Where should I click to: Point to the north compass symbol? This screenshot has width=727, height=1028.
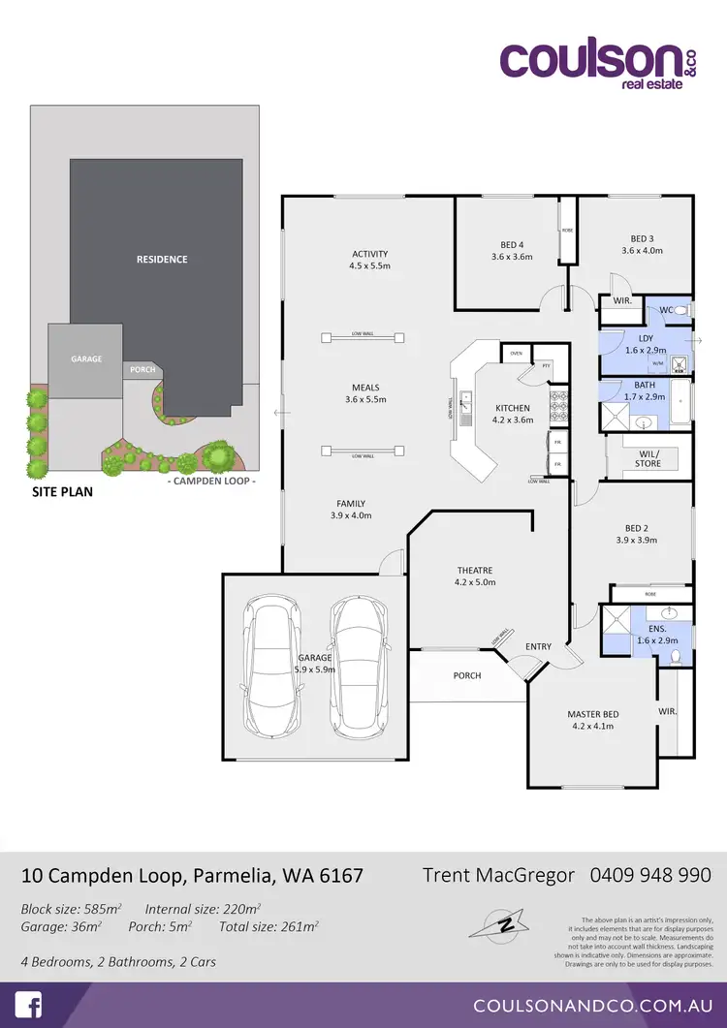[x=503, y=921]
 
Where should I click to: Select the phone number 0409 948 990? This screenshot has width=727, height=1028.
[x=650, y=875]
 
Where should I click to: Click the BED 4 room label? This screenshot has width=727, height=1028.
[x=513, y=250]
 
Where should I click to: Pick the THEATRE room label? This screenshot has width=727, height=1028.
[x=475, y=576]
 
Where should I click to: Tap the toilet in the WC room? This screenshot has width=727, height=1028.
[x=681, y=310]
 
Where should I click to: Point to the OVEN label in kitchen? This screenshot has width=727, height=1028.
[x=517, y=354]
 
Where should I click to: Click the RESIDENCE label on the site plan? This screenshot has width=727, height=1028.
[x=162, y=260]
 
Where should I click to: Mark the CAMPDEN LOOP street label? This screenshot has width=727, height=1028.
[x=211, y=482]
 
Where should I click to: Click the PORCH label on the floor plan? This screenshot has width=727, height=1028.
[x=467, y=675]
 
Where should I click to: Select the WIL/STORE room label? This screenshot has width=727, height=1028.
[x=648, y=458]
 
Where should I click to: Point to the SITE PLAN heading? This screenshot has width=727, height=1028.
[x=60, y=492]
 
